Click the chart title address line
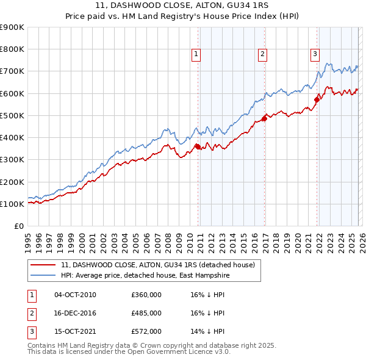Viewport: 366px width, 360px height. pos(182,5)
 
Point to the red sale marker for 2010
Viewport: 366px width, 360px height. pos(198,146)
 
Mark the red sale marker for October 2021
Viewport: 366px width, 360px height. pos(317,100)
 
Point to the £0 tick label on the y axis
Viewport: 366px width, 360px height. pos(20,226)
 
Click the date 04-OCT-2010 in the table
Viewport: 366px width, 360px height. pos(75,295)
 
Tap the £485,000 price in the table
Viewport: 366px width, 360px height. pos(146,313)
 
